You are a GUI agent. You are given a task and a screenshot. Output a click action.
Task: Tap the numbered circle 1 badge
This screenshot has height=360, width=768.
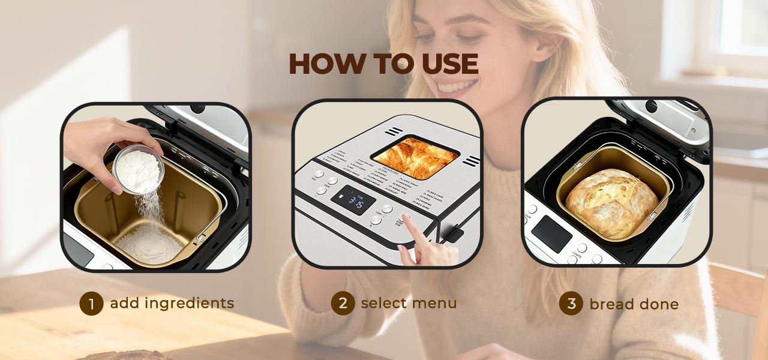tap(91, 304)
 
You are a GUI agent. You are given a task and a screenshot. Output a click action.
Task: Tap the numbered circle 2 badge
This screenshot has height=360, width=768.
tap(343, 303)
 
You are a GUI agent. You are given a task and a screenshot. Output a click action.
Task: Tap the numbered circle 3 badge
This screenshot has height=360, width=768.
tap(571, 304)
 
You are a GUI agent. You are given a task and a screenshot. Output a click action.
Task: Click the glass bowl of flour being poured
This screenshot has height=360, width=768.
tap(139, 169)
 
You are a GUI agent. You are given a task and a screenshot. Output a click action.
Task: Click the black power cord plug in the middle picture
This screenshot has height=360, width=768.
tap(454, 233)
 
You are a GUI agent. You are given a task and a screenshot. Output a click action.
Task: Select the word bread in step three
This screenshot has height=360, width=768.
tap(611, 304)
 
